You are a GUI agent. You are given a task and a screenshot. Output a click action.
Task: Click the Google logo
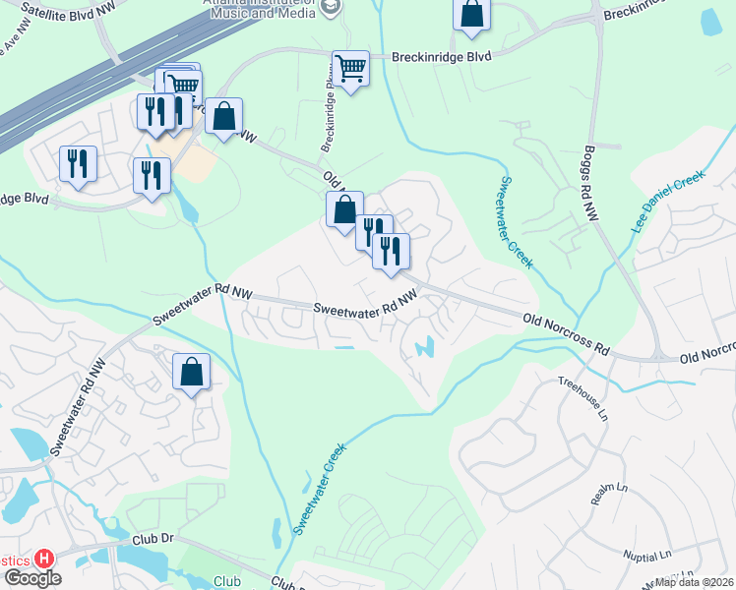[x=32, y=578]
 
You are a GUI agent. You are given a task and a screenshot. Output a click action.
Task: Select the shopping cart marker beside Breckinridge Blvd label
[x=350, y=69]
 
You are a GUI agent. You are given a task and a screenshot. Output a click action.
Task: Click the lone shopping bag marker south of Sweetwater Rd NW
[x=192, y=372]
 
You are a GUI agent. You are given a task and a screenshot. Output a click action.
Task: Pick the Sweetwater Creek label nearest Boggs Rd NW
[x=516, y=222]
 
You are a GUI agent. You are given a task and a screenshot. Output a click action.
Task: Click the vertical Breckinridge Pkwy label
[x=328, y=113]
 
